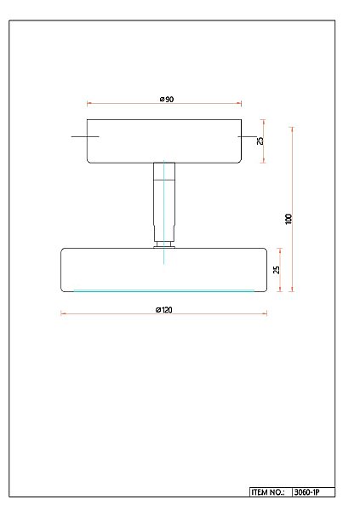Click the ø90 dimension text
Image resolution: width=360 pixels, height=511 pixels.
click(166, 100)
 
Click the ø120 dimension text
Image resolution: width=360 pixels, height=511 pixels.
click(164, 309)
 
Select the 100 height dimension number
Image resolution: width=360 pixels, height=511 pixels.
click(289, 218)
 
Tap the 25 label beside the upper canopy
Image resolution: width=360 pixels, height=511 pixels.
click(261, 141)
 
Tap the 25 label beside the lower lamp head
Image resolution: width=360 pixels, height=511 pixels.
click(276, 270)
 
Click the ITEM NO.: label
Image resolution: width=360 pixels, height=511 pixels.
click(269, 492)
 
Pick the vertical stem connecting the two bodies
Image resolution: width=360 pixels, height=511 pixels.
click(164, 200)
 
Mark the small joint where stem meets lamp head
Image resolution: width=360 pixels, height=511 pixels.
click(164, 245)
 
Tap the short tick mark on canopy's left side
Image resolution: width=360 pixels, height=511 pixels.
click(85, 136)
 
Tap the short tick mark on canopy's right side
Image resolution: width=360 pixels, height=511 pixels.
click(247, 136)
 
